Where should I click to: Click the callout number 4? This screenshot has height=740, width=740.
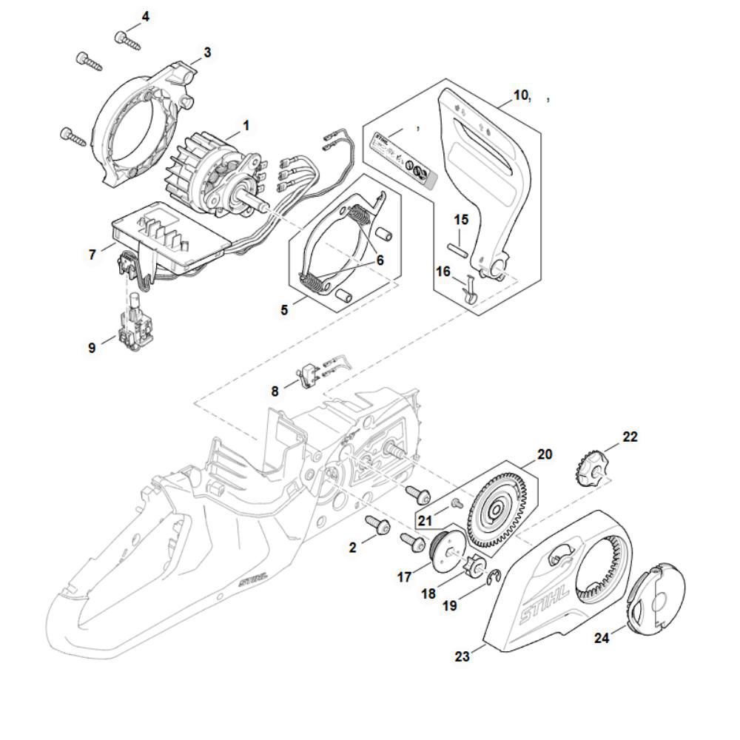[145, 16]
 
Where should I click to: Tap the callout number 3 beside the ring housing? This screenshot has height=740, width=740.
[207, 53]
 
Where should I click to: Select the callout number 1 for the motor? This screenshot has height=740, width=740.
[246, 126]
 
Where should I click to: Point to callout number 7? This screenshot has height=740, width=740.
[92, 255]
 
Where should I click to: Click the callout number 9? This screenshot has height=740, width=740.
[92, 347]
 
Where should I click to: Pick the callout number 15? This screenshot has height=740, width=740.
[461, 220]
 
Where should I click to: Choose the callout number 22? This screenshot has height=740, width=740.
[629, 437]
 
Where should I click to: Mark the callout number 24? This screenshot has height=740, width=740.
[602, 637]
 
